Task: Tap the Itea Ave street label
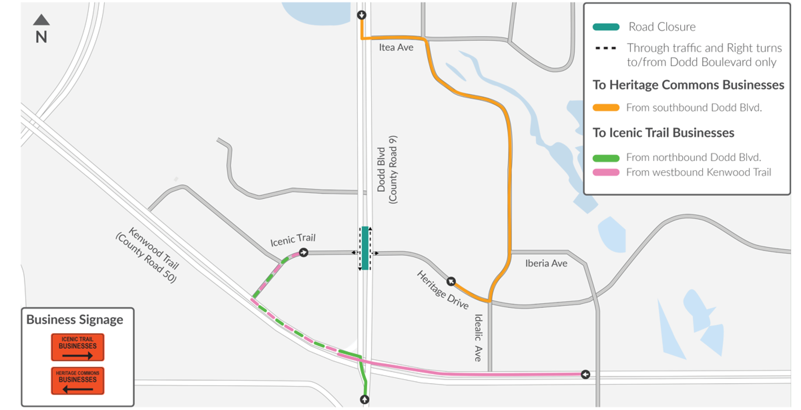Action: coord(396,47)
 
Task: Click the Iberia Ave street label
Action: coord(546,264)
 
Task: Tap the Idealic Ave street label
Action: coord(478,338)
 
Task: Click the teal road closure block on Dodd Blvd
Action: coord(365,248)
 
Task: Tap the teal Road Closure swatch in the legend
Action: coord(606,27)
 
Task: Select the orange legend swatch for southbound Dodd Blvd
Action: coord(606,108)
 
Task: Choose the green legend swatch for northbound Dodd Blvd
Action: coord(606,158)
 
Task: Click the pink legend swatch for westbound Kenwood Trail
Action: coord(606,172)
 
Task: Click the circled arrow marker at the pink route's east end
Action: coord(585,374)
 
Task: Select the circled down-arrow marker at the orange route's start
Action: coord(361,15)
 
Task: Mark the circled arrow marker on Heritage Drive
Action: coord(451,281)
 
